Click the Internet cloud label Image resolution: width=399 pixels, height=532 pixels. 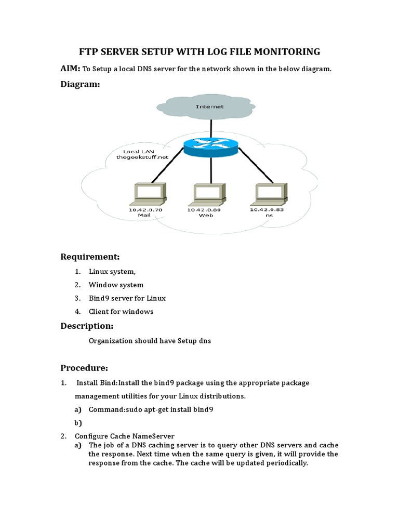tap(210, 107)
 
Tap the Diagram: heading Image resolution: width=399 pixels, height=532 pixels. tap(81, 84)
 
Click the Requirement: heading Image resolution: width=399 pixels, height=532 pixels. tap(90, 257)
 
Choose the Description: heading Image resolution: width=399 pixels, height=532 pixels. tap(87, 326)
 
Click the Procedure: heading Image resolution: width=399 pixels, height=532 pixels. tap(84, 368)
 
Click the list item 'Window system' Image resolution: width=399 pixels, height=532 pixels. tap(116, 285)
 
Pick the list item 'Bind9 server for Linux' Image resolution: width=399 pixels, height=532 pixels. tap(127, 298)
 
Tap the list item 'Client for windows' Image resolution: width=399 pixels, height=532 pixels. tap(121, 312)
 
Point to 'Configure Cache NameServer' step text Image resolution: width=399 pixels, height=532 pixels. tap(124, 436)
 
